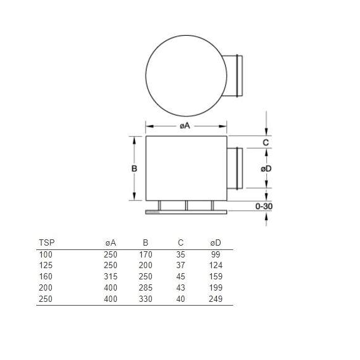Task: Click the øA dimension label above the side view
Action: (x=185, y=126)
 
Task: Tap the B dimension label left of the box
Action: (x=134, y=169)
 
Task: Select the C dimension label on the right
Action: (x=266, y=142)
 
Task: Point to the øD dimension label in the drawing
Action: (x=266, y=169)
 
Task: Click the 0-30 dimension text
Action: (x=264, y=206)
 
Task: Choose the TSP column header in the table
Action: (x=47, y=242)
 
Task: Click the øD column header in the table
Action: (x=216, y=242)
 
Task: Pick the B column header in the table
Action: (x=146, y=242)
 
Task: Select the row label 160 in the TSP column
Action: (x=46, y=276)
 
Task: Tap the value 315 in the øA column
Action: (x=111, y=276)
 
